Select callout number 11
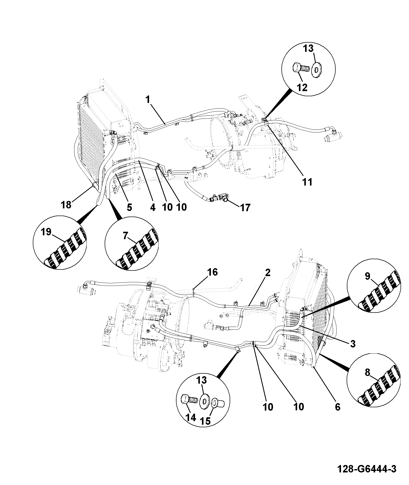[x=307, y=182]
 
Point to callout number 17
[x=245, y=207]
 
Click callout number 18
[x=66, y=205]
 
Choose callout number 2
[x=267, y=272]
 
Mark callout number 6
[x=337, y=407]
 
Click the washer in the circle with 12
[x=317, y=69]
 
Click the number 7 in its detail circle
[x=125, y=236]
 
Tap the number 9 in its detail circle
[x=367, y=276]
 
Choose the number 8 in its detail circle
[x=367, y=372]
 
